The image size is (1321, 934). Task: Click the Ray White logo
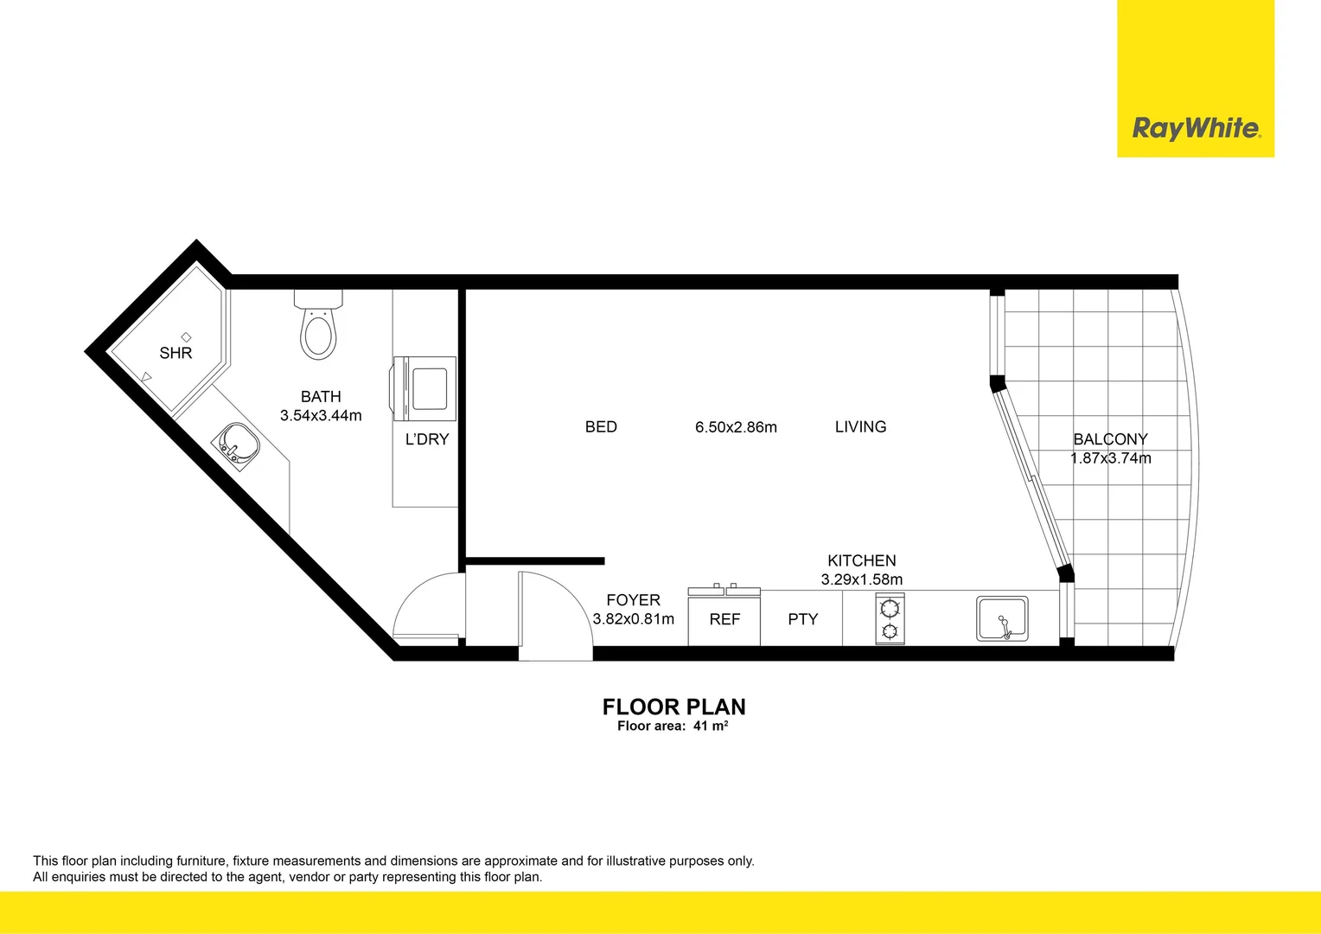point(1196,129)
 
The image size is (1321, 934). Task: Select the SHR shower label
point(175,353)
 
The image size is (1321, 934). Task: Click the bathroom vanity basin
point(237,444)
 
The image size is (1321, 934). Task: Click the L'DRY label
point(427,439)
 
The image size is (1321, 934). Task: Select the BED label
point(601,426)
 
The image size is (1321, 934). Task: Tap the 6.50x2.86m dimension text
point(736,427)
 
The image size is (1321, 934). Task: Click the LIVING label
point(860,426)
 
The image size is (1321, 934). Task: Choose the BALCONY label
point(1110,439)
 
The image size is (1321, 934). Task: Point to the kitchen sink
point(1002,619)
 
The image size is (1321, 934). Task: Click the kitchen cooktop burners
point(890,619)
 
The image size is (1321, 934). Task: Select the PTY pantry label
point(802,619)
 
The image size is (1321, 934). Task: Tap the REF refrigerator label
point(724,619)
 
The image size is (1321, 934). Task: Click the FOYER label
point(633,600)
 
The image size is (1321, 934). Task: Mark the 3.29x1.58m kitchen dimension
point(861,579)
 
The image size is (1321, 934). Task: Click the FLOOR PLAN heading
point(673,707)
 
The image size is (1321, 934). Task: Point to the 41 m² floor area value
point(711,726)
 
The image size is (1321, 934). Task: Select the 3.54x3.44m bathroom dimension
point(321,415)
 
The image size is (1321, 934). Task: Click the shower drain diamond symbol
point(186,336)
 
